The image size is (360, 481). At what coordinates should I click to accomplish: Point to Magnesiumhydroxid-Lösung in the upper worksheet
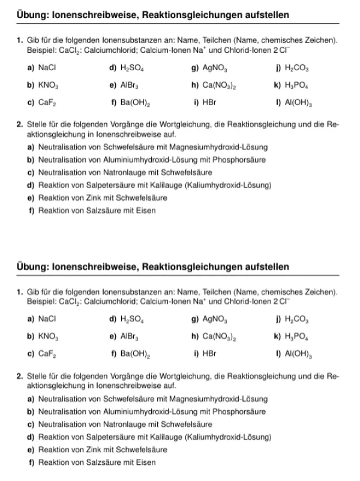[x=229, y=147]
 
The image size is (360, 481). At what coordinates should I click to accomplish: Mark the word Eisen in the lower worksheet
[x=146, y=462]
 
